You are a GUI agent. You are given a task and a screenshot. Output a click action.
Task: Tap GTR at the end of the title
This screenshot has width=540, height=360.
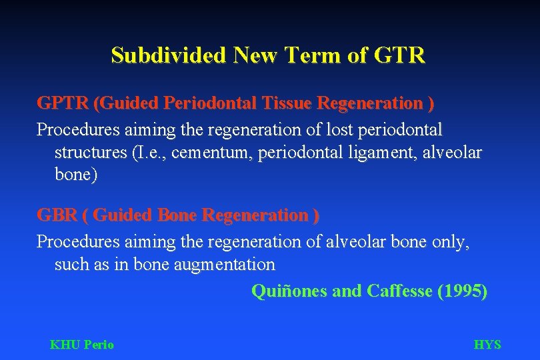pyautogui.click(x=399, y=55)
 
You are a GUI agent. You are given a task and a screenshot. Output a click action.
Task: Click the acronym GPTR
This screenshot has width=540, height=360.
pyautogui.click(x=63, y=104)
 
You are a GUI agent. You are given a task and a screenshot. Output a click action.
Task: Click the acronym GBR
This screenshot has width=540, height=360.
pyautogui.click(x=56, y=215)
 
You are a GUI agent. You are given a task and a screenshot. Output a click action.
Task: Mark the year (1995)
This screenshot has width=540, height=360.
pyautogui.click(x=462, y=291)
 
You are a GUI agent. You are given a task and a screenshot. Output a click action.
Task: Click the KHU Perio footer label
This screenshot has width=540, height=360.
pyautogui.click(x=82, y=345)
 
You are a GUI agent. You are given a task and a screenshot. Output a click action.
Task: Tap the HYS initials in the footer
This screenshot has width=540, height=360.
pyautogui.click(x=487, y=345)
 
